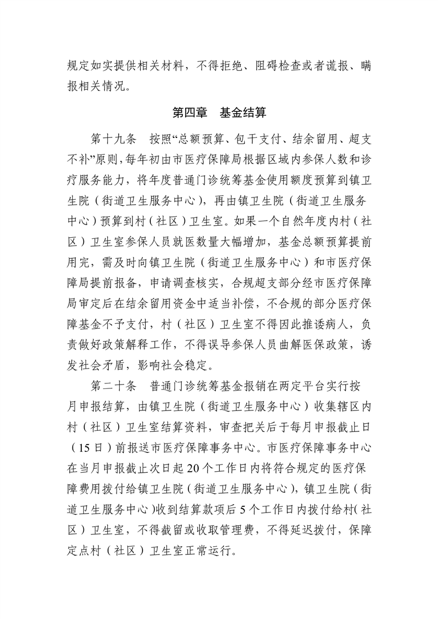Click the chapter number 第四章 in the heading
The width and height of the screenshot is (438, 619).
[189, 114]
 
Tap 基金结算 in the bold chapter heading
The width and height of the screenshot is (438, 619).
[243, 114]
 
